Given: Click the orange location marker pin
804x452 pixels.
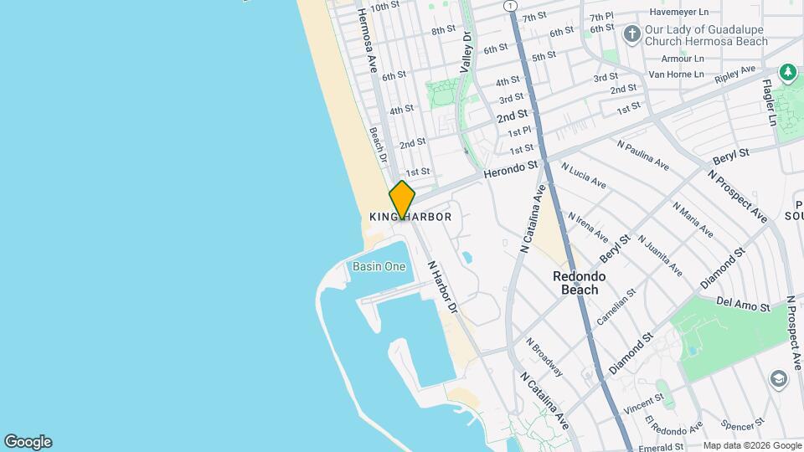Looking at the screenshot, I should coord(402,200).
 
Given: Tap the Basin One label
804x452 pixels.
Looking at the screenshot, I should coord(379,267).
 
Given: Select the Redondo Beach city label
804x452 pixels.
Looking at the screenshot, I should coord(579,283).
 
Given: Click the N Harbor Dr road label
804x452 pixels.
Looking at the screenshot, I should coord(443,287).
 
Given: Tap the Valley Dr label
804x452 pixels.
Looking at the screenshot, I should coord(466,51).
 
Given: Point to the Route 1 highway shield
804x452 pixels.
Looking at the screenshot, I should coord(510,6).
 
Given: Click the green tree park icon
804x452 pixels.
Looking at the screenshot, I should coord(787,73).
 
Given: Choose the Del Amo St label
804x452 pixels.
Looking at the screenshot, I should coord(743,306).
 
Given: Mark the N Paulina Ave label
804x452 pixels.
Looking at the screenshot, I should coord(642,155).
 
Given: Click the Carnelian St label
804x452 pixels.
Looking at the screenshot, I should coord(616,307).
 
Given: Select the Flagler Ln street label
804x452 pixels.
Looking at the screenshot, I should coord(769,102).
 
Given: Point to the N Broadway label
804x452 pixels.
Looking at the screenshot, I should coord(544,357).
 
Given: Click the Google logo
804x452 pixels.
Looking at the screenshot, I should coord(28,442).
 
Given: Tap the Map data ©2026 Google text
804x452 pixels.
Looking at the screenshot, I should coord(750,446).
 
